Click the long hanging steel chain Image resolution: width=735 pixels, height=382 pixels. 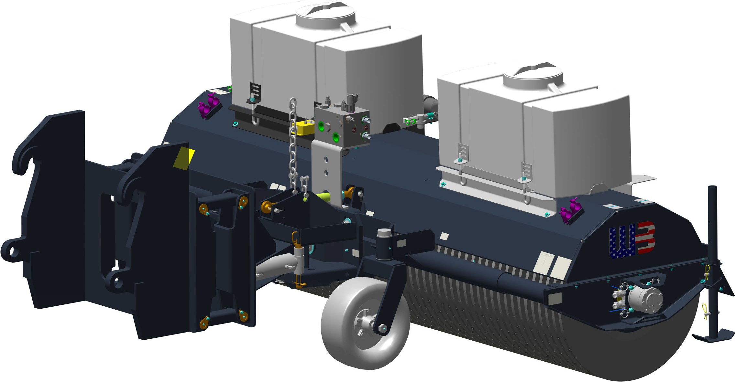point(293,145)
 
